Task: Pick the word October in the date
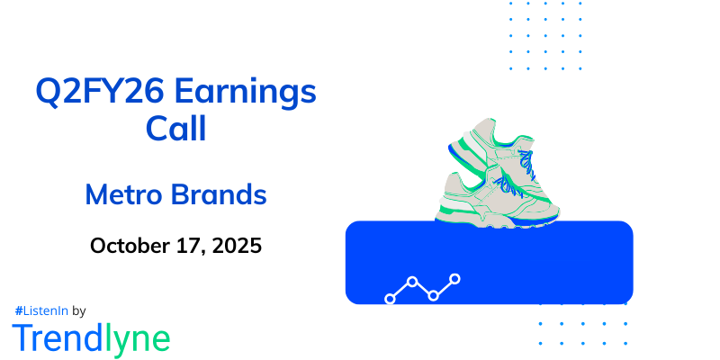[131, 245]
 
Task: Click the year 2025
[238, 245]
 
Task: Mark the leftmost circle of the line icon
[390, 298]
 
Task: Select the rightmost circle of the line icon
[455, 279]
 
